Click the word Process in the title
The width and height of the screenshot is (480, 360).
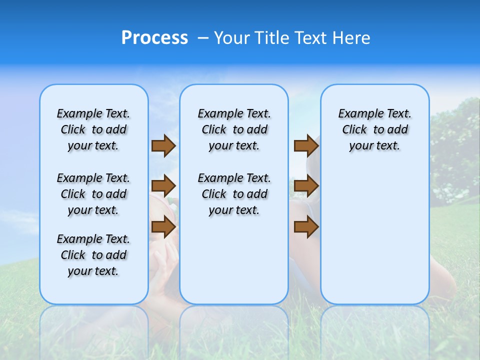coord(154,38)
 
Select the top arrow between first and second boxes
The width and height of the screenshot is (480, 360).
coord(163,145)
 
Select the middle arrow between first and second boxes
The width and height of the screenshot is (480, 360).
coord(163,186)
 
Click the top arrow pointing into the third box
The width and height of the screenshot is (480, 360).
coord(306,145)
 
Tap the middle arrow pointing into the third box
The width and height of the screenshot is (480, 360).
coord(306,186)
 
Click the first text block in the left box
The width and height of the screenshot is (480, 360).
coord(93,129)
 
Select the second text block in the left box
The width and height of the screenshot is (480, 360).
coord(93,194)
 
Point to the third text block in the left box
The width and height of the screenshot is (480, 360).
coord(93,255)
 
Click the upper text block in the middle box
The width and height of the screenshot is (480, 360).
coord(234,129)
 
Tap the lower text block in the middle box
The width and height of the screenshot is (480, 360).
coord(234,194)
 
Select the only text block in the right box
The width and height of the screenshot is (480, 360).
coord(375,129)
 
